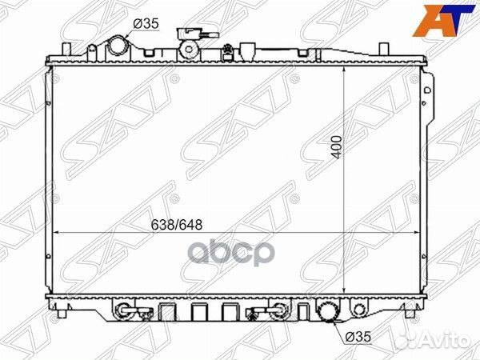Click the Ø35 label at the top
click(146, 23)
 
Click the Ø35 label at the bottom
click(358, 337)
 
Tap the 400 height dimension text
click(337, 147)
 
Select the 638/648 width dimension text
click(177, 225)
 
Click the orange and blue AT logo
click(443, 21)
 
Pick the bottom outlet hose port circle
click(328, 312)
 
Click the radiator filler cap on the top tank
click(189, 49)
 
